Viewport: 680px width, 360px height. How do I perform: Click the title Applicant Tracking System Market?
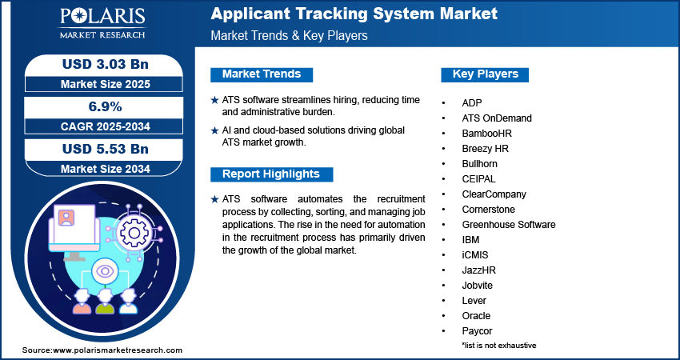(354, 14)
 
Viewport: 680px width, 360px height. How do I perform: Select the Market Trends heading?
(262, 74)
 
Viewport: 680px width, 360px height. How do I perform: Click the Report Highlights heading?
(270, 174)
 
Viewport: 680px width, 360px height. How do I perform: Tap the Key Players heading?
(486, 74)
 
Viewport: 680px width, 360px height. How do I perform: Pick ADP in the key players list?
(472, 103)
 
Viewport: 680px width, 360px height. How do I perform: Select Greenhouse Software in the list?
(508, 225)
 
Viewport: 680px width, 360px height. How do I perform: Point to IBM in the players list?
(471, 240)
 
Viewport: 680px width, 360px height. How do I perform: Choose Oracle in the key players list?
(476, 316)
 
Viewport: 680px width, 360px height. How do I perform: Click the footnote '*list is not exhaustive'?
(498, 345)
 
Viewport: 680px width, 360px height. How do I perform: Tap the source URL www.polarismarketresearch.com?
(118, 350)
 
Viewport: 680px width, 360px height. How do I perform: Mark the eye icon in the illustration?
(105, 272)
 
